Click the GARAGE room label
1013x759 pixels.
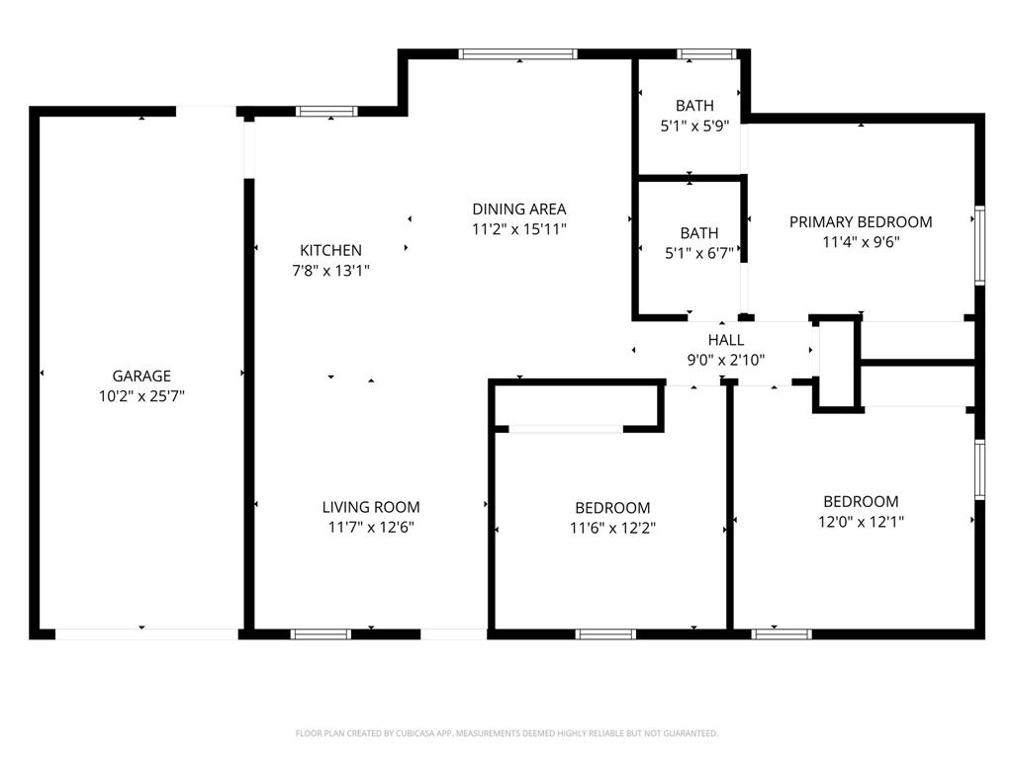(x=141, y=376)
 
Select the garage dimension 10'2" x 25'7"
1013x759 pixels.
(x=141, y=396)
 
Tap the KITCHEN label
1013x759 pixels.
(x=330, y=250)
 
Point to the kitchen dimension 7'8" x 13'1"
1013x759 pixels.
(x=330, y=270)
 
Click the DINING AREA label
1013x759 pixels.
(x=518, y=209)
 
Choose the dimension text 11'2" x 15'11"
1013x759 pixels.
(x=518, y=229)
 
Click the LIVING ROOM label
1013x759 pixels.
(x=371, y=507)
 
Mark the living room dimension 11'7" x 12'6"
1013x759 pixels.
(x=371, y=527)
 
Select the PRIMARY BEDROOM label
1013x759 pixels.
(x=861, y=221)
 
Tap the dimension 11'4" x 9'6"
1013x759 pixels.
(x=861, y=241)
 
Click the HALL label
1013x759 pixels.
(x=725, y=340)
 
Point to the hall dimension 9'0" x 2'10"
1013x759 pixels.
(x=725, y=361)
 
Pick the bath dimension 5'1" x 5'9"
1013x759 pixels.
(x=694, y=126)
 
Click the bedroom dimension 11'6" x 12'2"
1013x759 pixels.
(x=612, y=528)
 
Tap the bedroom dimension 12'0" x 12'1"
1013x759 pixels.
(x=861, y=522)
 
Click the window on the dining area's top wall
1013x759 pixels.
(x=518, y=54)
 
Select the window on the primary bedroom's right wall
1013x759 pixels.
(x=979, y=244)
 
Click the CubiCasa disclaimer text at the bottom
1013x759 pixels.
(x=506, y=733)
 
